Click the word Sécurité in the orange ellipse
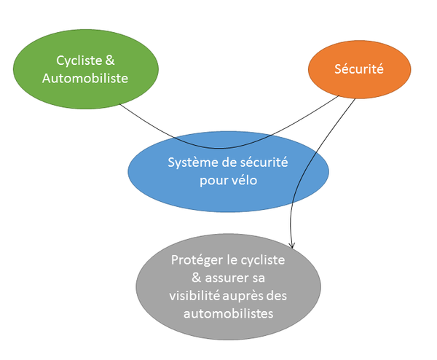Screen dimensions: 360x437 (x=358, y=70)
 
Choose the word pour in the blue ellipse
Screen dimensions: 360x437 (x=213, y=181)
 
